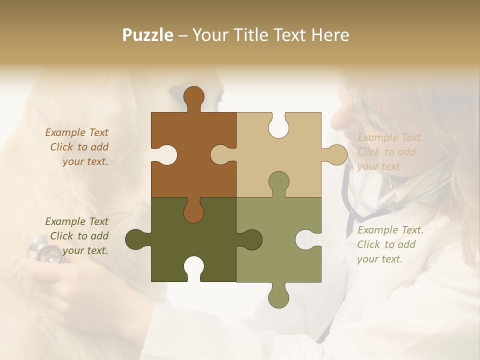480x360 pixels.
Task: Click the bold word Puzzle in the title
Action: (148, 35)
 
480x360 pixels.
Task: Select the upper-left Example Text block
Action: (77, 147)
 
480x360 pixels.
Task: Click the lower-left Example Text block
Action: (77, 236)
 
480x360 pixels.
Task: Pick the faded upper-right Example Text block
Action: (390, 152)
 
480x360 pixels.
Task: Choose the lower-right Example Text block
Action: (390, 244)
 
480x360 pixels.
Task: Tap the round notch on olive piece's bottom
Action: (193, 267)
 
